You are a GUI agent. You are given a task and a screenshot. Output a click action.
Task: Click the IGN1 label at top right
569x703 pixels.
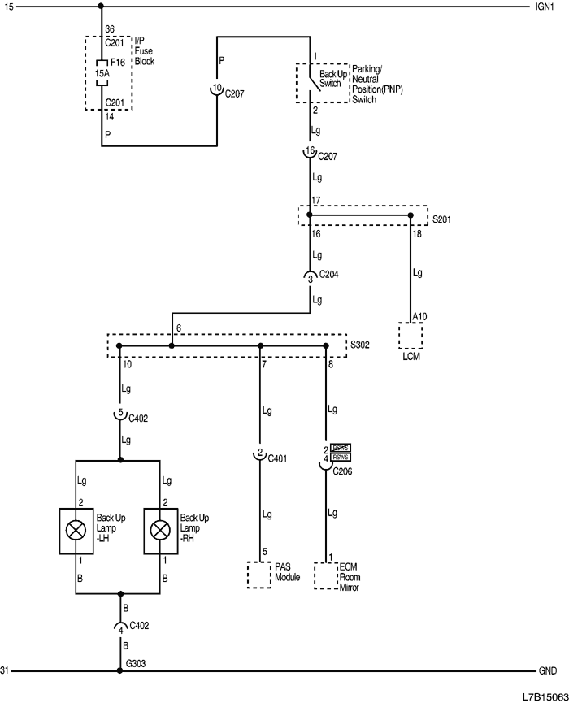tap(545, 7)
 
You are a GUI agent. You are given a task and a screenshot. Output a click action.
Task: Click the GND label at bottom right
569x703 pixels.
tap(547, 671)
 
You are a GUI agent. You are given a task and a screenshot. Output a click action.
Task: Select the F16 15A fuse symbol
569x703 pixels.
tap(101, 71)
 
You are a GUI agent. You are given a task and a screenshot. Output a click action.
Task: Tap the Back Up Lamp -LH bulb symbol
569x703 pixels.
tap(76, 531)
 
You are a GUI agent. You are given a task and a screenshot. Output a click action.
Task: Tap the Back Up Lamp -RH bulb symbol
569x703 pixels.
tap(161, 531)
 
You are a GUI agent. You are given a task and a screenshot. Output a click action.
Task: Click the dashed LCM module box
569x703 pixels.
tap(410, 336)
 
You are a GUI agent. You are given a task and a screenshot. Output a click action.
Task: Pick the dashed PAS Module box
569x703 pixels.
tap(259, 574)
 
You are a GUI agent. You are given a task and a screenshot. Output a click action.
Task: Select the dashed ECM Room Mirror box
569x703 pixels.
tap(326, 575)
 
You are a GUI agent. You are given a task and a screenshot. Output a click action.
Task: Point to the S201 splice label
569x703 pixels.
tap(441, 219)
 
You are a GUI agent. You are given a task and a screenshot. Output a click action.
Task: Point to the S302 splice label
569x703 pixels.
tap(359, 345)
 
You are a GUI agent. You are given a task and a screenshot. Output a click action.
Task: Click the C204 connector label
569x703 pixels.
tap(329, 275)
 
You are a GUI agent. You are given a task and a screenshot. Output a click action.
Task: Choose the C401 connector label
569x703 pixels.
tap(277, 459)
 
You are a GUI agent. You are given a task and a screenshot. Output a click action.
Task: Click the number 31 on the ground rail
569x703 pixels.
tap(6, 671)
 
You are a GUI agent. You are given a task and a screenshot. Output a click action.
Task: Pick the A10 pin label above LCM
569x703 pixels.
tap(419, 316)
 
